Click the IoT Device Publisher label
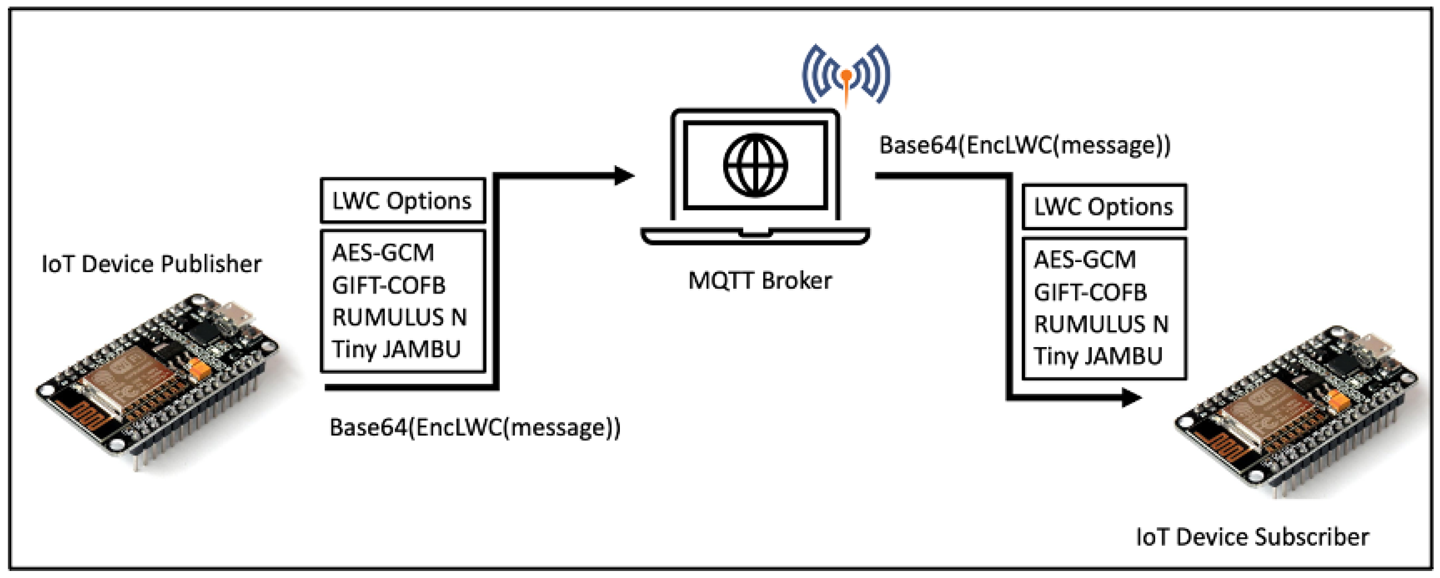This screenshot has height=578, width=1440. pyautogui.click(x=152, y=264)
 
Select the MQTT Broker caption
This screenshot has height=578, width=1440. pyautogui.click(x=760, y=280)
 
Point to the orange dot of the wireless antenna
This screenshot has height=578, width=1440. pyautogui.click(x=847, y=75)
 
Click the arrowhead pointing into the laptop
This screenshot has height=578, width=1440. pyautogui.click(x=624, y=176)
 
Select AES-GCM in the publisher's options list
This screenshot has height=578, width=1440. pyautogui.click(x=383, y=253)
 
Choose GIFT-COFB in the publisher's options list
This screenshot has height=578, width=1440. pyautogui.click(x=389, y=285)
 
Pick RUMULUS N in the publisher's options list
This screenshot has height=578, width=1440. pyautogui.click(x=399, y=317)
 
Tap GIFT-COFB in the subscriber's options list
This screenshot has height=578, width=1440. pyautogui.click(x=1090, y=292)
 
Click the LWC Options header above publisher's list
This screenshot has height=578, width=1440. pyautogui.click(x=402, y=201)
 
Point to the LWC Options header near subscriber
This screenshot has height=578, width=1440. pyautogui.click(x=1104, y=207)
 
